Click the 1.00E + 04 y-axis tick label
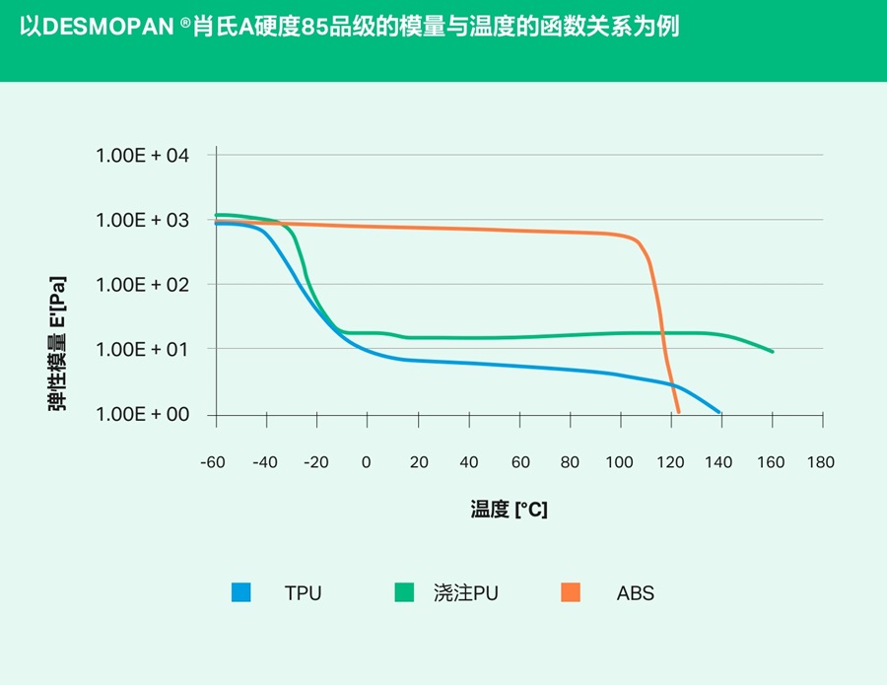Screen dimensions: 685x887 click(x=142, y=156)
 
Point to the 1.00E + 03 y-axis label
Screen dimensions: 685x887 click(x=142, y=220)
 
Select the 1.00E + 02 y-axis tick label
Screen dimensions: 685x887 click(x=142, y=285)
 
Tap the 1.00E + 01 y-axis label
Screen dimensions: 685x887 click(x=142, y=349)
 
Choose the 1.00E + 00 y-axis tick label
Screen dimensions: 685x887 click(x=142, y=414)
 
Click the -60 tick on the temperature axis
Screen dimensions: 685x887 click(x=212, y=462)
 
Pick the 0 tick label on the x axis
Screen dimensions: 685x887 click(x=367, y=462)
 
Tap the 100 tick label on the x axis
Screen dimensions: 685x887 click(x=620, y=462)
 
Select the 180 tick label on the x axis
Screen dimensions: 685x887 click(x=821, y=462)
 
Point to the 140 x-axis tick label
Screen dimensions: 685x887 click(x=720, y=462)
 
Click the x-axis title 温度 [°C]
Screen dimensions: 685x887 click(x=509, y=510)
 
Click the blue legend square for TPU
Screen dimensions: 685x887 click(x=241, y=592)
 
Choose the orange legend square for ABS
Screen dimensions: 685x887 click(x=570, y=592)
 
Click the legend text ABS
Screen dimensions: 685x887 click(x=636, y=593)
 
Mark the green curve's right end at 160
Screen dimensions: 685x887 click(x=773, y=352)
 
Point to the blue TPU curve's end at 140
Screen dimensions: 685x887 click(x=720, y=412)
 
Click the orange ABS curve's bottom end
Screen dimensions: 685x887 click(x=678, y=412)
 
